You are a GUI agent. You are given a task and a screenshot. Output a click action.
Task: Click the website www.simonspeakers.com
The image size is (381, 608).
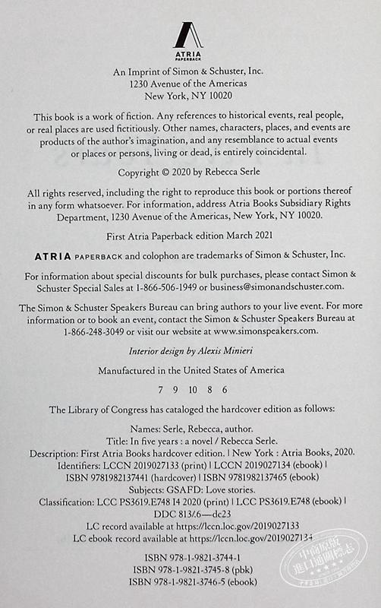click(269, 331)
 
